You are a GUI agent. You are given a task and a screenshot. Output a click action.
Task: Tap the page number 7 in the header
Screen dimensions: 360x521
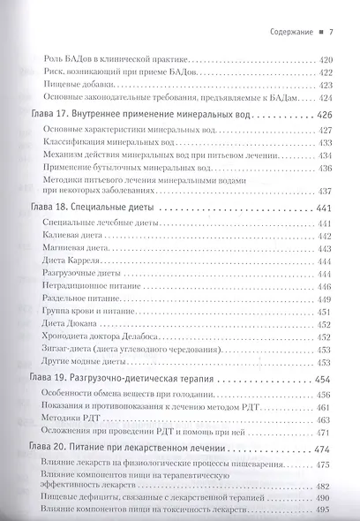[x=329, y=34]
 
